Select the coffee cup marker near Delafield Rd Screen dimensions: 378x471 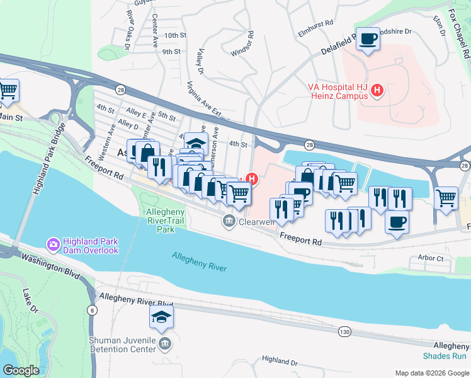368,39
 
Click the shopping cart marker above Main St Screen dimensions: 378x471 8,91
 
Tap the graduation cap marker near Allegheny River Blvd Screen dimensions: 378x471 161,318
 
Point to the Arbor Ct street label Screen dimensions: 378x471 431,258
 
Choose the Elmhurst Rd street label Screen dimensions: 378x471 315,24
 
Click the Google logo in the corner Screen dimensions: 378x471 21,370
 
